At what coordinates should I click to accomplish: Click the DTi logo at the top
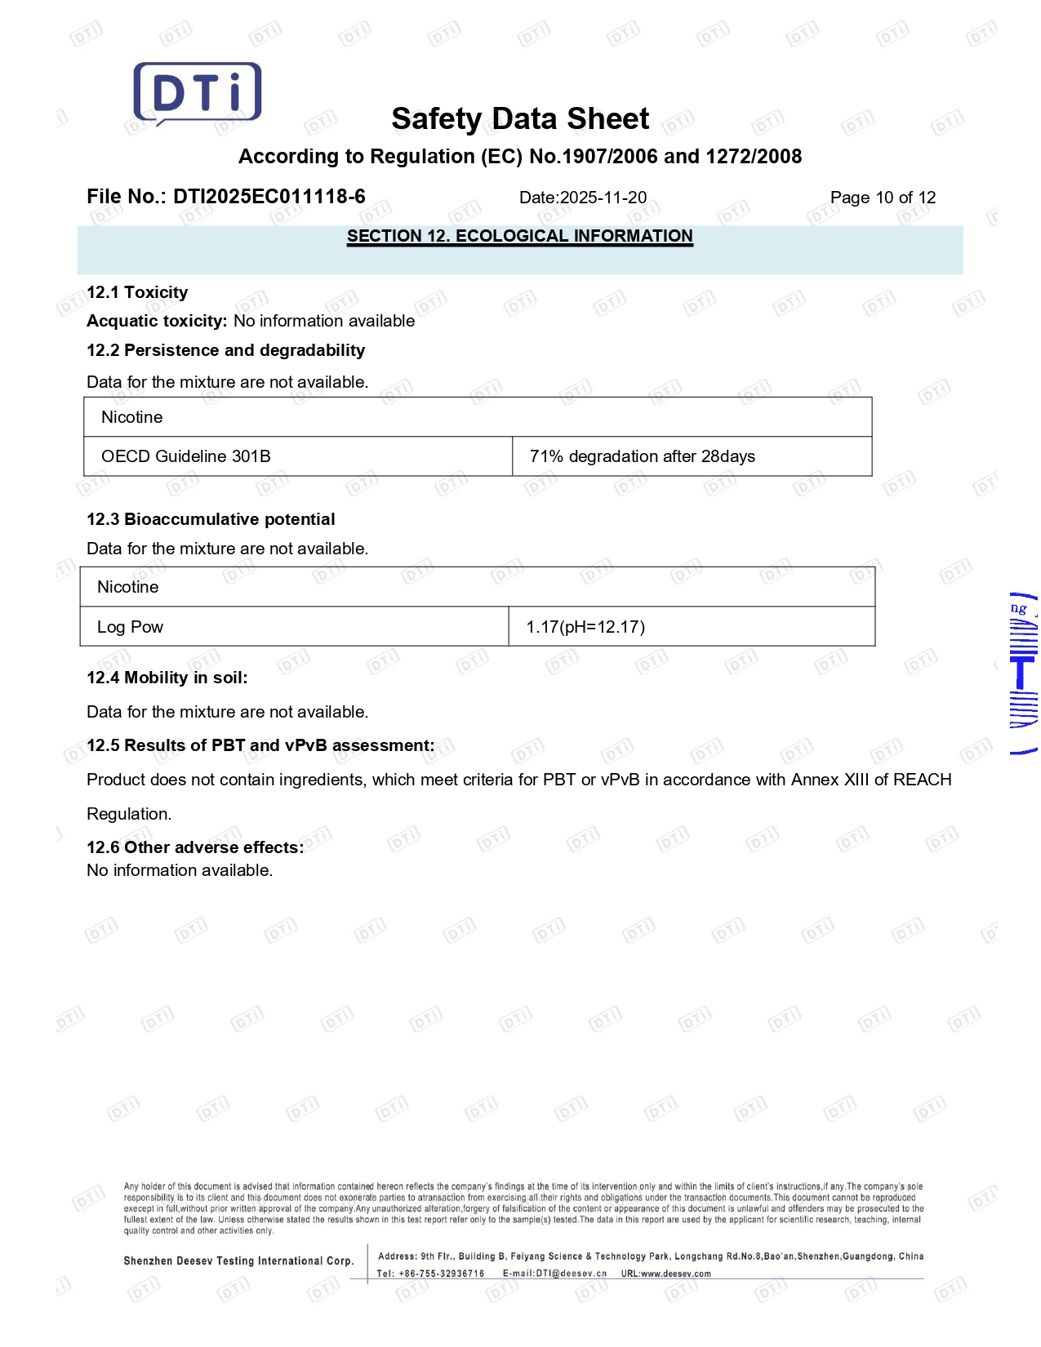198,93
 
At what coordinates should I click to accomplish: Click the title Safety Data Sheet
520,119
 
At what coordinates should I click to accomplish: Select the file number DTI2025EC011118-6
269,197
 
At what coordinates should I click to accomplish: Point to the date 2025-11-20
603,198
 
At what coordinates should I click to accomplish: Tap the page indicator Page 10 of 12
883,198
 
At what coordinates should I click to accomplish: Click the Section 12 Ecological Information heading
519,236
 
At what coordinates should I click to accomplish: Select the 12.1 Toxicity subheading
137,292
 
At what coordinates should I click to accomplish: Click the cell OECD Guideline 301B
186,456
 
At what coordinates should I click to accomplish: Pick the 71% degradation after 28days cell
642,456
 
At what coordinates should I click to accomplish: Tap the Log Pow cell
131,627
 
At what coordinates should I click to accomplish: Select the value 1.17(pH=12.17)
585,627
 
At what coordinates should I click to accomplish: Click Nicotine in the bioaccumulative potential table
128,587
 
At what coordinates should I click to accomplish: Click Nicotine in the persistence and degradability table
132,417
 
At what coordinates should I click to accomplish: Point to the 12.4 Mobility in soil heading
167,678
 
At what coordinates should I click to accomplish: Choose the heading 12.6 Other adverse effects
195,847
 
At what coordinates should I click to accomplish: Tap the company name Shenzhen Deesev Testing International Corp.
238,1260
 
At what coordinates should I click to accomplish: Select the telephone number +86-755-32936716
441,1274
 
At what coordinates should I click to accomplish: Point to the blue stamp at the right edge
1023,673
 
